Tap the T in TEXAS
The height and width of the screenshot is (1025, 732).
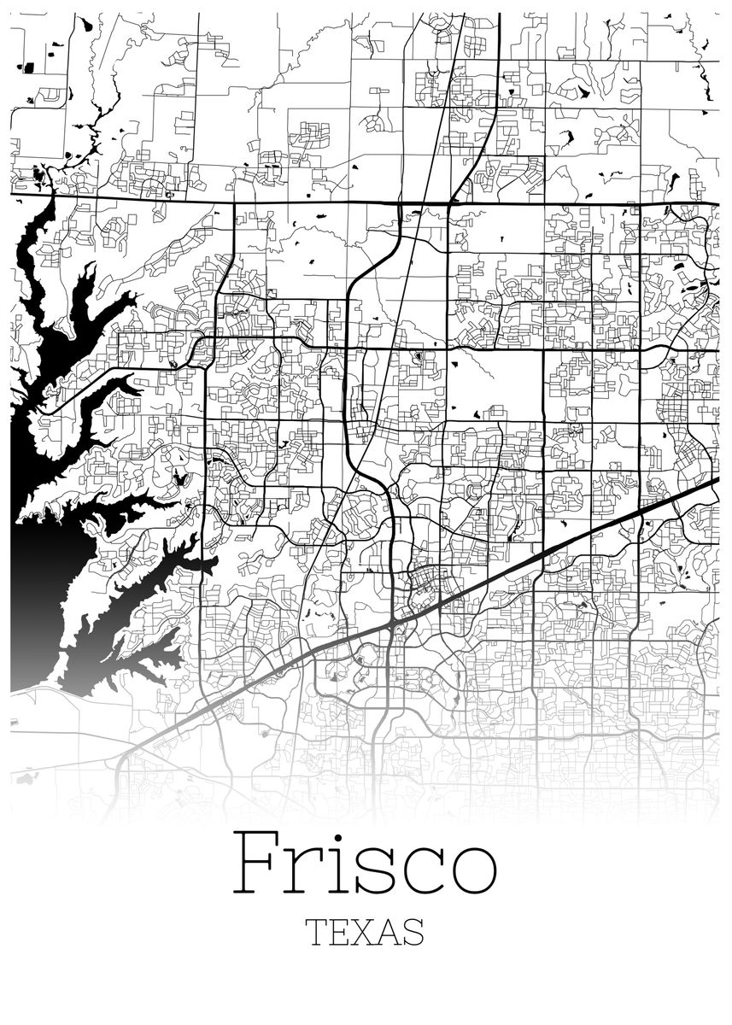(316, 932)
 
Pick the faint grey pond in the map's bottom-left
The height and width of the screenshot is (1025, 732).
(26, 778)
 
